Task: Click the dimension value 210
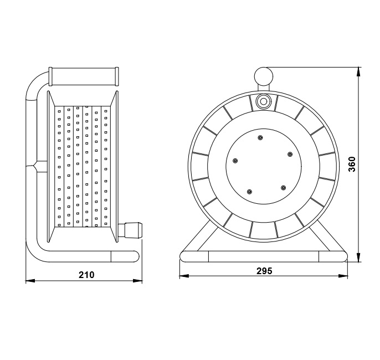click(x=86, y=275)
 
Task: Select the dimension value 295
click(x=264, y=271)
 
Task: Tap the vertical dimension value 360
click(x=352, y=164)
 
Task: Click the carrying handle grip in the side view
click(x=84, y=76)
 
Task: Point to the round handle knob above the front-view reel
click(x=264, y=76)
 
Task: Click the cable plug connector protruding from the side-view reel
click(x=130, y=230)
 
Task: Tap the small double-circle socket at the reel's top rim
click(x=263, y=101)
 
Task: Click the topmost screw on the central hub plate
click(x=260, y=138)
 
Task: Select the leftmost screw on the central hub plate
click(x=235, y=161)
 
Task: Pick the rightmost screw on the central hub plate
click(x=290, y=155)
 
